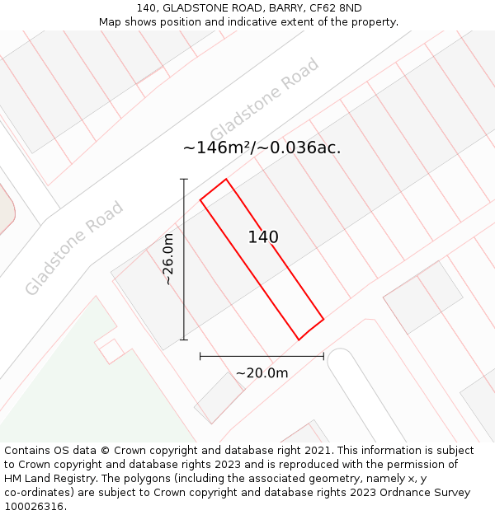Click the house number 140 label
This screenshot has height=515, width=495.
coord(263,237)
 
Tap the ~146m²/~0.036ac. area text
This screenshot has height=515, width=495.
coord(262,148)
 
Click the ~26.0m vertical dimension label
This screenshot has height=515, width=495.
coord(168,259)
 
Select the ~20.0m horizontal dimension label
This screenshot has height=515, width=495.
coord(262,373)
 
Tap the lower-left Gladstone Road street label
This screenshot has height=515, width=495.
coord(74,247)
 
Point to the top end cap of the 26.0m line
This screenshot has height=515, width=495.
coord(184,179)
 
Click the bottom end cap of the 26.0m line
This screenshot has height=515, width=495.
coord(184,339)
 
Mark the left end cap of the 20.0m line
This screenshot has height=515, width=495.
coord(200,357)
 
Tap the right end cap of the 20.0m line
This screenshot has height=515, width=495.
coord(323,357)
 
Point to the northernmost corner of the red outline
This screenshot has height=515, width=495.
coord(225,179)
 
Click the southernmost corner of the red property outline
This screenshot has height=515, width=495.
coord(299,339)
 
